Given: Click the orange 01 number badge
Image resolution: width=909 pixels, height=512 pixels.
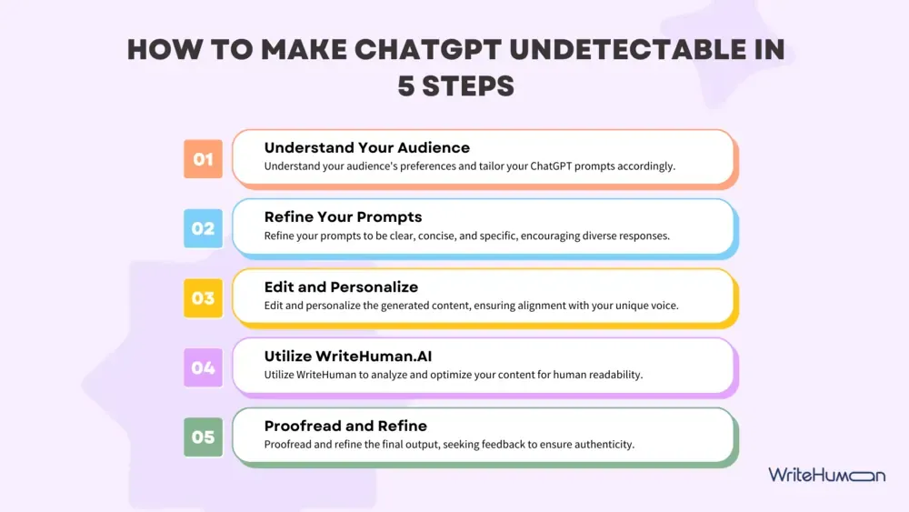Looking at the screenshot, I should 203,159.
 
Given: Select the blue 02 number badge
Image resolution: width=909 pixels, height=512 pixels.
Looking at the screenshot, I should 203,228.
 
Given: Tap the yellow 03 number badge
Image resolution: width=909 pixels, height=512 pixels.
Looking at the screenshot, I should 203,298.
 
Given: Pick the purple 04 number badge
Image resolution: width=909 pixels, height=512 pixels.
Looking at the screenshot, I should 203,367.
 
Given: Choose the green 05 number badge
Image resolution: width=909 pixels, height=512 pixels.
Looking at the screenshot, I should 203,437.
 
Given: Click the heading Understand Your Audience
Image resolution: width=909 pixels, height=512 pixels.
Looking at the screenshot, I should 367,147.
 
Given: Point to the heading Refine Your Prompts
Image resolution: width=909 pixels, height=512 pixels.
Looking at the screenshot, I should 343,216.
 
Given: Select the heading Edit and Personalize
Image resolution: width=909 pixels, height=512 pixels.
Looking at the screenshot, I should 341,286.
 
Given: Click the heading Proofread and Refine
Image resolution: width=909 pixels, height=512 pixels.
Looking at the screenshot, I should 345,426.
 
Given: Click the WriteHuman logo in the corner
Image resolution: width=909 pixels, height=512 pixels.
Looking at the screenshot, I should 826,475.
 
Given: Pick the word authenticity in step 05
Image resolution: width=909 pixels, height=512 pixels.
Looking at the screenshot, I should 601,445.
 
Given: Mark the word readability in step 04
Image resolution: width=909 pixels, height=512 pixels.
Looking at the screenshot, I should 613,375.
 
